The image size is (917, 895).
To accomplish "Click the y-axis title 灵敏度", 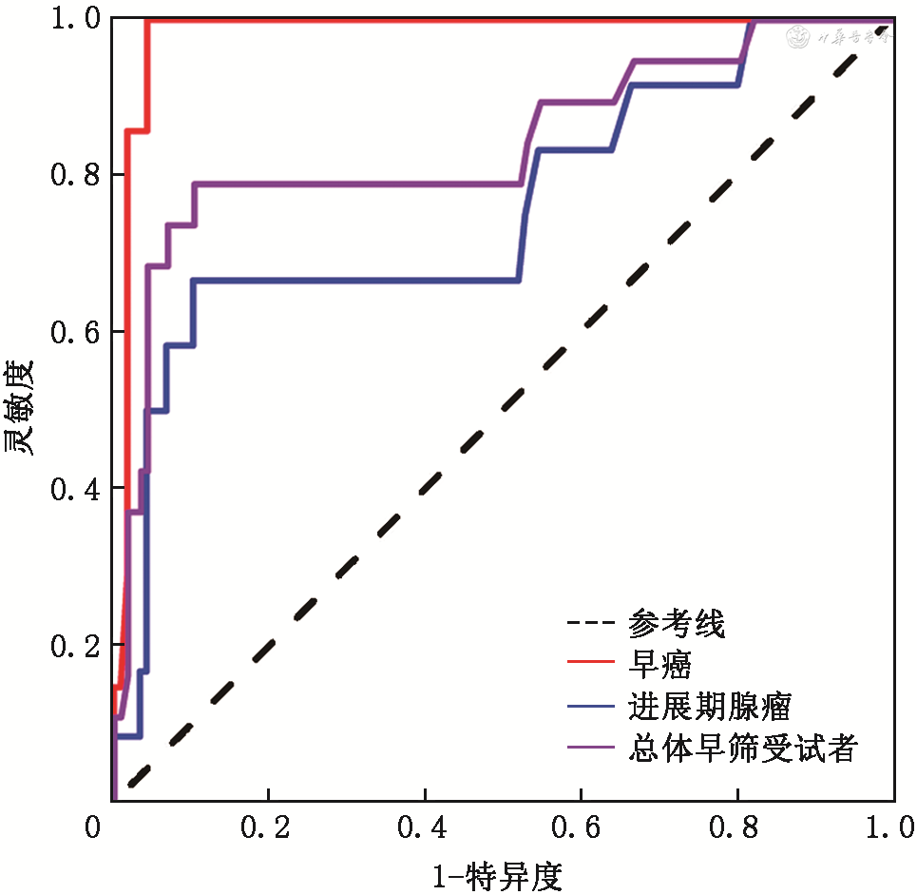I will point(20,408).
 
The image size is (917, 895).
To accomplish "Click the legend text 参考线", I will point(677,625).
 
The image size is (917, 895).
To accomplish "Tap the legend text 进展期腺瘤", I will point(709,708).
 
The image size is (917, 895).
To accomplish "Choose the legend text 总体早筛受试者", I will point(742,749).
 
